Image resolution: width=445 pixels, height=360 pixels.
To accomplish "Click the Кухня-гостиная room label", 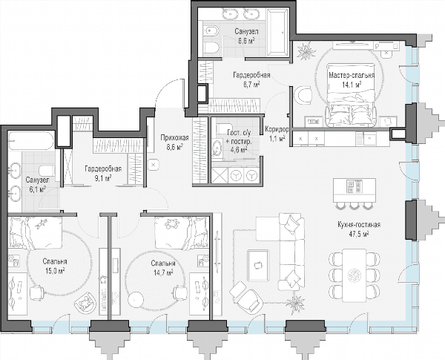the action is tap(359, 225).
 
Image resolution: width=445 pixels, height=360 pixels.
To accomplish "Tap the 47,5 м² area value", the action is tap(359, 234).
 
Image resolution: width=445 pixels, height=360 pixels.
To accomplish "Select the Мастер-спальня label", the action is tap(352, 76).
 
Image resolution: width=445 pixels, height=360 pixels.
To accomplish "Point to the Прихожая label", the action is tap(174, 138).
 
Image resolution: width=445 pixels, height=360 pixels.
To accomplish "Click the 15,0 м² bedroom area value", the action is tap(55, 271).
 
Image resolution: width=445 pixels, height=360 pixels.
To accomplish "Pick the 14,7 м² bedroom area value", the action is tap(163, 272).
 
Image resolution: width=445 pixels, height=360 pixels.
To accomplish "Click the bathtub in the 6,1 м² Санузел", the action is tap(30, 140).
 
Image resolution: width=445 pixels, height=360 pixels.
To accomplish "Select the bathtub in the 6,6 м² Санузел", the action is tap(277, 31).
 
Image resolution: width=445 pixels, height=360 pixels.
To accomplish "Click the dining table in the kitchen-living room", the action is tap(355, 275).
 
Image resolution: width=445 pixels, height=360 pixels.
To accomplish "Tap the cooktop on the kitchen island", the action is tap(354, 186).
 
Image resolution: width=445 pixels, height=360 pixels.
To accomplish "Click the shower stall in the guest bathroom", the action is tap(220, 176).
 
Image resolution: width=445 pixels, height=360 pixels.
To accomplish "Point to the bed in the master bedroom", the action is tap(352, 95).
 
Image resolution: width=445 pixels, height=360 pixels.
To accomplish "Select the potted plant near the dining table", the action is tap(295, 304).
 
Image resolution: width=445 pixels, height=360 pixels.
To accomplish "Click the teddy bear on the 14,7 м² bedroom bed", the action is tap(171, 223).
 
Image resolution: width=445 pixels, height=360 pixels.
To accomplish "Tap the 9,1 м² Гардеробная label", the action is tap(103, 174).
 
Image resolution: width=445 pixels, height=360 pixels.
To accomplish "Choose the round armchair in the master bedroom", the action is tap(303, 95).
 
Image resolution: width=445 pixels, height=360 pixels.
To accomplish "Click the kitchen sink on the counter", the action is tap(369, 138).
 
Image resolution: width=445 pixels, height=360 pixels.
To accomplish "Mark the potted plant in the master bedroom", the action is tap(306, 51).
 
